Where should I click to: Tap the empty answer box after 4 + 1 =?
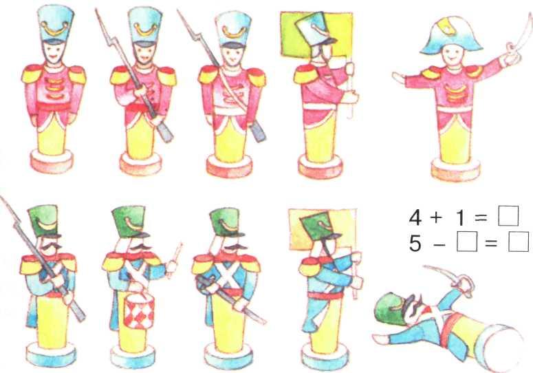[508, 216]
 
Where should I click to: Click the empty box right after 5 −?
[467, 242]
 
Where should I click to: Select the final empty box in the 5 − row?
[519, 242]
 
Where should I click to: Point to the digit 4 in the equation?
[415, 217]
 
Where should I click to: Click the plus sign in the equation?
[435, 217]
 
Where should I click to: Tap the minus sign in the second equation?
[439, 244]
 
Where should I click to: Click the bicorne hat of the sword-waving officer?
[450, 36]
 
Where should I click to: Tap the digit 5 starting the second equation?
[415, 244]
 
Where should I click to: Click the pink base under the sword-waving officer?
[455, 169]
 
